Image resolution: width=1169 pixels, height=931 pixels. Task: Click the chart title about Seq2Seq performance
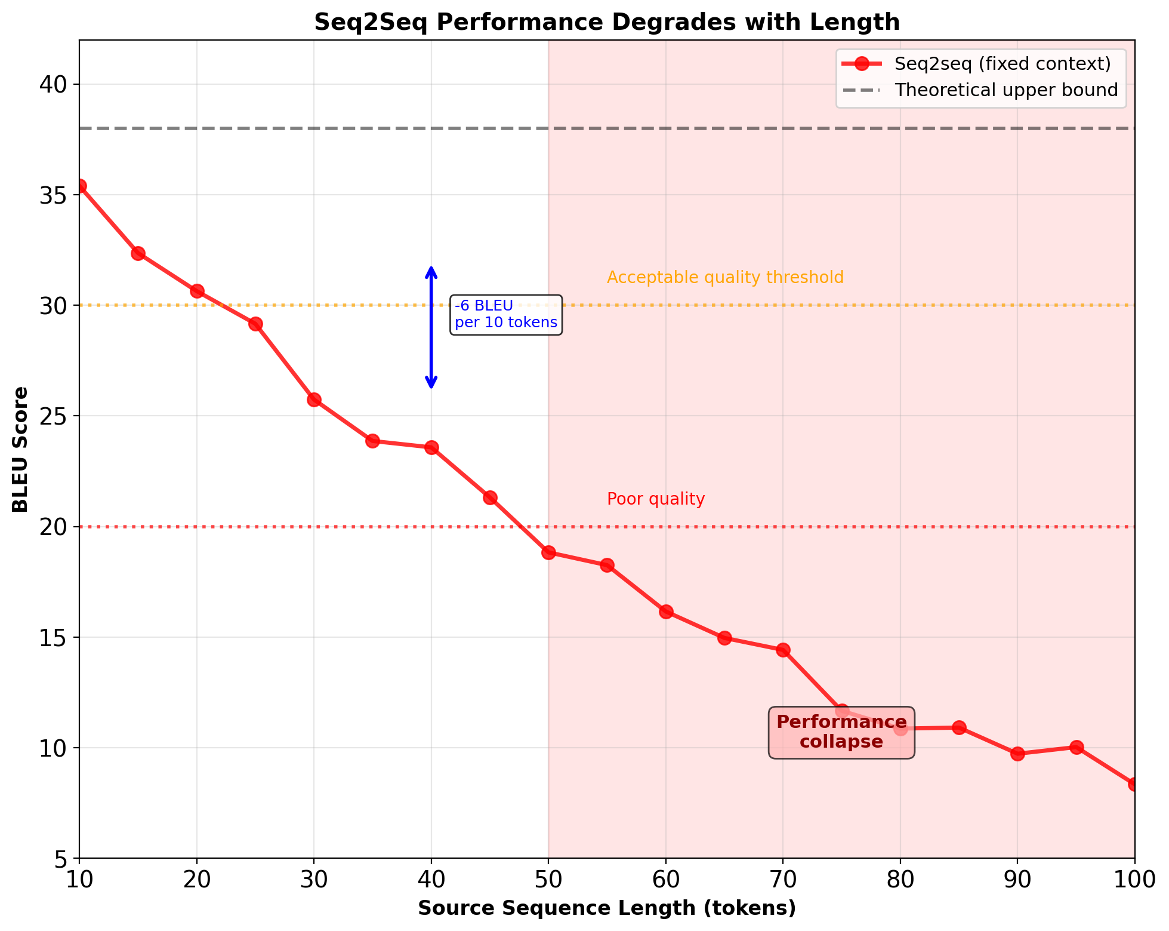tap(606, 23)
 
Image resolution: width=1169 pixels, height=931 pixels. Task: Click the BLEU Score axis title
tap(21, 449)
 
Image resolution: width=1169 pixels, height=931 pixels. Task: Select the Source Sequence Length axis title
tap(606, 908)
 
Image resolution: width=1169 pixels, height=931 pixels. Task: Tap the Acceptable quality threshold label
tap(725, 278)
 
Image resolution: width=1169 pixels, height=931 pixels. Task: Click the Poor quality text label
tap(656, 499)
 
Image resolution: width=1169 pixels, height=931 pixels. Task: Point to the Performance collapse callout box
tap(841, 732)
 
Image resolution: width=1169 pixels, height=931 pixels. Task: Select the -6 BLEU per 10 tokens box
tap(505, 314)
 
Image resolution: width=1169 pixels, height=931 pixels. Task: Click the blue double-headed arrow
tap(431, 327)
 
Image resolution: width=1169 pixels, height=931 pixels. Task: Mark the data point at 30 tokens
tap(314, 400)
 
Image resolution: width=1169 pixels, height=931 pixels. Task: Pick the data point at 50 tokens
tap(548, 552)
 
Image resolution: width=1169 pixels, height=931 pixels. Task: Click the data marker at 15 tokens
tap(138, 253)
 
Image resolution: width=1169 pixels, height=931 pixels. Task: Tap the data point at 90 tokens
tap(1017, 754)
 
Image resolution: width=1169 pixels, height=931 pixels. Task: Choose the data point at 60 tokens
tap(666, 612)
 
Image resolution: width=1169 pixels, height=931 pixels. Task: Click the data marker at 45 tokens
tap(490, 497)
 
